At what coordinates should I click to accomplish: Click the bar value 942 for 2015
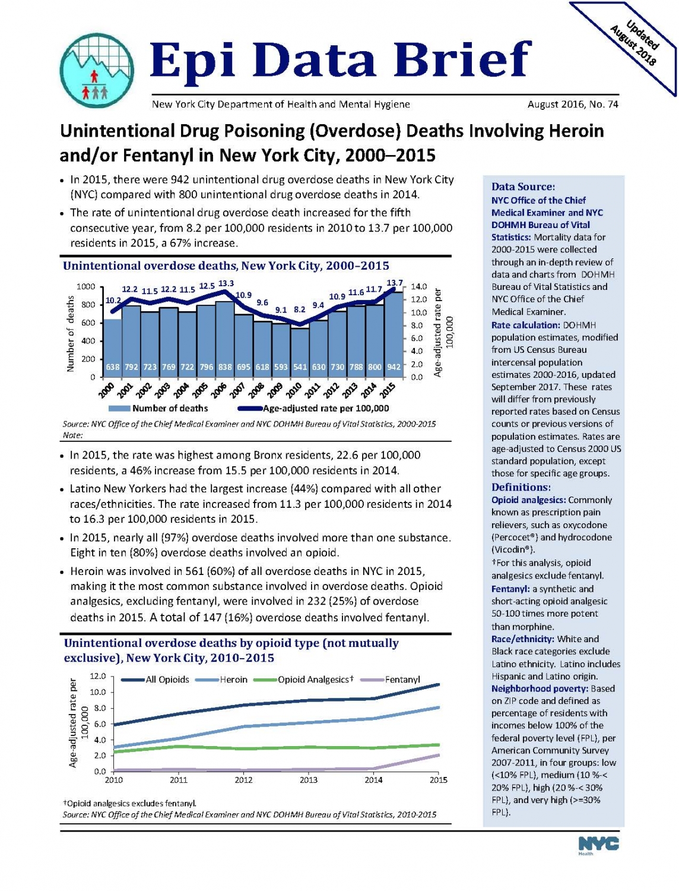point(394,367)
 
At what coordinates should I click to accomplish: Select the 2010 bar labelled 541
point(300,352)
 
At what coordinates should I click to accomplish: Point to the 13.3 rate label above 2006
point(226,283)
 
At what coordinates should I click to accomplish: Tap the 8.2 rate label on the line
point(299,309)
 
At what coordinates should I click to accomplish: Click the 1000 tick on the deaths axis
point(85,287)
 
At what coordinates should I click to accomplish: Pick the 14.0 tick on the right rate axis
point(419,286)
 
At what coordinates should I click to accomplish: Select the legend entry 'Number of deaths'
point(158,408)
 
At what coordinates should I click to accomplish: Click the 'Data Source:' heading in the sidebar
point(523,187)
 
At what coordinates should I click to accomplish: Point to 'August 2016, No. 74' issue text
point(573,105)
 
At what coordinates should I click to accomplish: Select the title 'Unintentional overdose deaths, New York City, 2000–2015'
point(226,266)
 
